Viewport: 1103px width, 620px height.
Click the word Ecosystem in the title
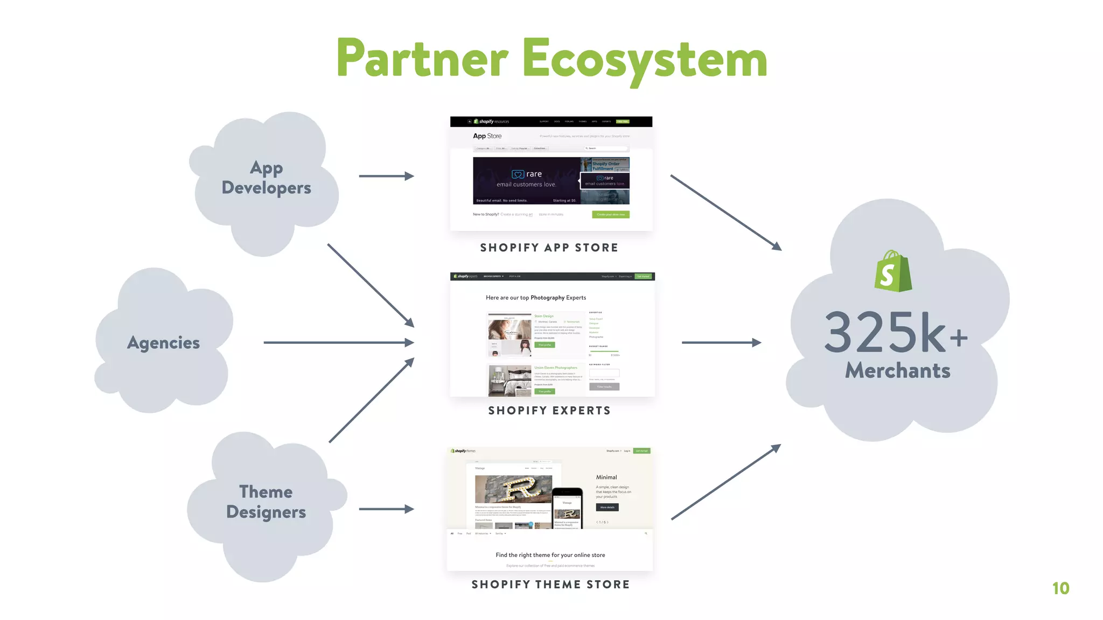(644, 59)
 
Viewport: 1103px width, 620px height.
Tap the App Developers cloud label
(266, 178)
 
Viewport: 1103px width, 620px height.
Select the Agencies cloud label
(163, 343)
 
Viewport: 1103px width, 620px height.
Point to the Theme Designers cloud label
(266, 502)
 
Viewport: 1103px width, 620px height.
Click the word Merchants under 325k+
(897, 371)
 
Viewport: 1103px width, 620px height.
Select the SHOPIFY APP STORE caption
(549, 248)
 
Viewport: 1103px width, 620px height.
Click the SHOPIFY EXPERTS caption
(549, 411)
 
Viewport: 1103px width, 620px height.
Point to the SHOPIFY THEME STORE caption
(550, 584)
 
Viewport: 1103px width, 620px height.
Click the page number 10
(1060, 588)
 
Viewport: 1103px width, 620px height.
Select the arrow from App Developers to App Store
(386, 176)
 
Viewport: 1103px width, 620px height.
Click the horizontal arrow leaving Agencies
(338, 342)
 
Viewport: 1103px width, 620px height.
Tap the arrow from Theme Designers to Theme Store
(386, 509)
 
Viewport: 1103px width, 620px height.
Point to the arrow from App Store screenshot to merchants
(725, 212)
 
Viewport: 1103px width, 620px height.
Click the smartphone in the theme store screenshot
(567, 508)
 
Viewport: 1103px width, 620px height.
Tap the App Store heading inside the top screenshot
(487, 136)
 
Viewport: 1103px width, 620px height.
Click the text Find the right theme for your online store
(550, 555)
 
